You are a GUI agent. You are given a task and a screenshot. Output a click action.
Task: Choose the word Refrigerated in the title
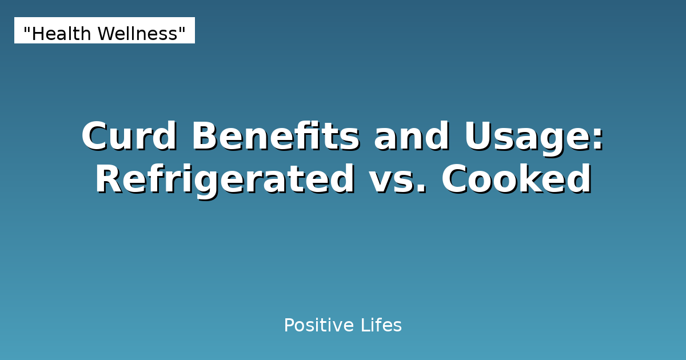(x=225, y=180)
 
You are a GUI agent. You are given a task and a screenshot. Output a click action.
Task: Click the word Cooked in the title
(x=516, y=180)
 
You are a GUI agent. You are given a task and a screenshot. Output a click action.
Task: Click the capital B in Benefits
(x=205, y=137)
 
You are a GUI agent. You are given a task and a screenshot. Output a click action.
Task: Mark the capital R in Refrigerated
(x=108, y=180)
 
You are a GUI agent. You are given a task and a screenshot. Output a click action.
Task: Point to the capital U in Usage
(x=478, y=137)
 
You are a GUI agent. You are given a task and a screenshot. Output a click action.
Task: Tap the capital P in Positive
(x=289, y=326)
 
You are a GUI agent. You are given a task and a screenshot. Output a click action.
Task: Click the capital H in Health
(x=37, y=34)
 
